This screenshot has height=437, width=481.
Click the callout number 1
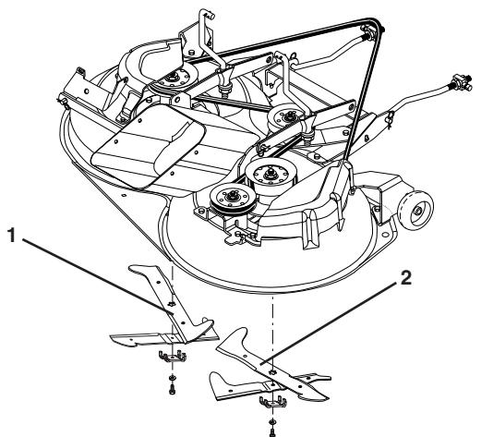pos(11,235)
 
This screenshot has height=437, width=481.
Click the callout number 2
pos(406,278)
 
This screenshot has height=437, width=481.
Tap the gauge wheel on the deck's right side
pos(416,210)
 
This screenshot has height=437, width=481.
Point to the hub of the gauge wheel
pos(419,211)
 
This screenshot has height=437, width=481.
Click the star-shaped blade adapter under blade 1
pos(173,357)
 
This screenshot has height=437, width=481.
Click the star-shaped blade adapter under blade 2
pos(273,402)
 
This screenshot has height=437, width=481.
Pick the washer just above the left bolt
pos(172,377)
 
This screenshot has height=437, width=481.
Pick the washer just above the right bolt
pos(272,421)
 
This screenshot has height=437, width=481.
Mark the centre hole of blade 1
pos(172,304)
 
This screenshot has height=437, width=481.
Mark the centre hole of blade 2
pos(272,371)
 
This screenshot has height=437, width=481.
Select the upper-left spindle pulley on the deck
pos(174,78)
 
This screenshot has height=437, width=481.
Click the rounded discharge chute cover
pos(149,146)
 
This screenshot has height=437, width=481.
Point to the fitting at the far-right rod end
pos(461,82)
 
